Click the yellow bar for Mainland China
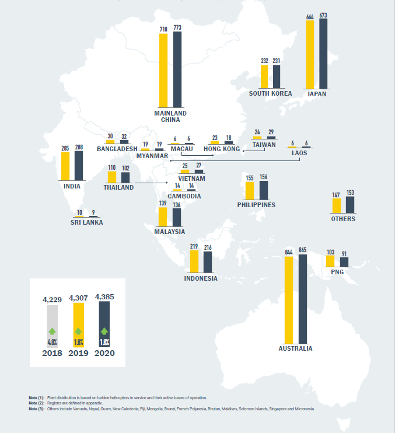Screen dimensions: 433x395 pos(163,71)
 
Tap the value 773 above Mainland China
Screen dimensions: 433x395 pos(177,28)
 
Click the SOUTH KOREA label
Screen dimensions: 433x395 pos(270,93)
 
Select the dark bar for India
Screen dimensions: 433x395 pos(79,166)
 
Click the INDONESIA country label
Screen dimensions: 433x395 pos(201,278)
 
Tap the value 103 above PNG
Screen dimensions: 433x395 pos(331,252)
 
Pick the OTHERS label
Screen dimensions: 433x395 pos(342,219)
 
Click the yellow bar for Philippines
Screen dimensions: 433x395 pos(250,191)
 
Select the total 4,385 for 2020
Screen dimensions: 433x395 pos(104,297)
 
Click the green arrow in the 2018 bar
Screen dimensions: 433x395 pos(51,331)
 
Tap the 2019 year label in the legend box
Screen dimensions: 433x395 pos(78,353)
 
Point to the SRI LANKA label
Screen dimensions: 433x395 pos(86,222)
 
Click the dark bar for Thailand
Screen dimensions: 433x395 pos(125,177)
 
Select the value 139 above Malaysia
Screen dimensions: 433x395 pos(163,203)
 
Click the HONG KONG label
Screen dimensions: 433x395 pos(222,149)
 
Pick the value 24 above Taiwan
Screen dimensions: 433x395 pos(257,132)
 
